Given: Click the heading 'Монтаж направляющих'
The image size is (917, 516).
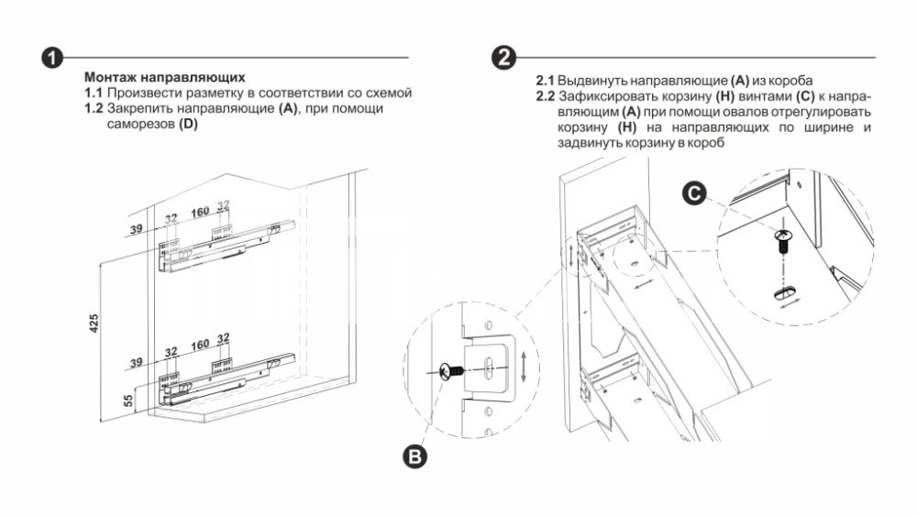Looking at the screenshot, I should click(165, 79).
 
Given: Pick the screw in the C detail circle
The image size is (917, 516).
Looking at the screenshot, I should click(782, 244).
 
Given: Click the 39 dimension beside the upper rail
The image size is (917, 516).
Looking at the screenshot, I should click(136, 229).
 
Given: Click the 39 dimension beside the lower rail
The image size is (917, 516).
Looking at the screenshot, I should click(136, 364).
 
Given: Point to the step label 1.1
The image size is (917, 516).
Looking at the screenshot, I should click(94, 93).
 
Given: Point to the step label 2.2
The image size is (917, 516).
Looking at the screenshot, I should click(547, 96).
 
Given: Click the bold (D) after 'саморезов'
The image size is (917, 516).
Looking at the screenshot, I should click(188, 123).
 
